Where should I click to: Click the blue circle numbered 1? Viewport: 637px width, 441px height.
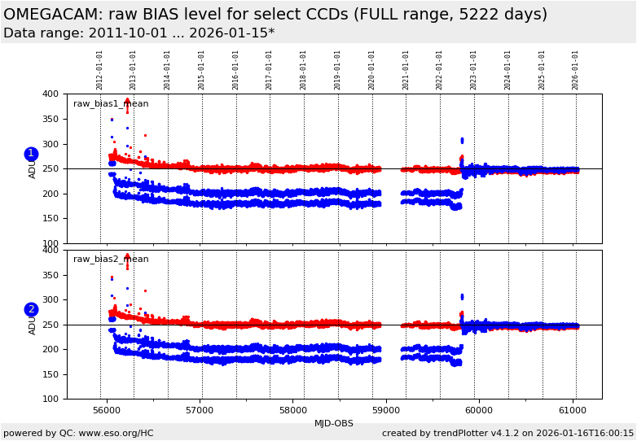click(x=31, y=154)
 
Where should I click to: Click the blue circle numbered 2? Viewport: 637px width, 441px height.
click(x=31, y=309)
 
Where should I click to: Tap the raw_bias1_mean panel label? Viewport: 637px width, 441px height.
click(x=111, y=104)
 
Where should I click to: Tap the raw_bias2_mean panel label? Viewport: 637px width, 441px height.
click(x=111, y=260)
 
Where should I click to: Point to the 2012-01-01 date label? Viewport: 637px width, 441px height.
click(x=100, y=70)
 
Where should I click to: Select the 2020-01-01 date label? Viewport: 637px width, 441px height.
click(x=372, y=70)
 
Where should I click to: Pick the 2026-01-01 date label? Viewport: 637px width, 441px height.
click(x=576, y=70)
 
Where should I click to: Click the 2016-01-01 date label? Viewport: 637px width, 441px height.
click(x=236, y=70)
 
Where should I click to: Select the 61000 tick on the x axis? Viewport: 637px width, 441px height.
click(x=573, y=410)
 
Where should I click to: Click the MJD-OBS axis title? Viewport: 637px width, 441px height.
click(x=334, y=423)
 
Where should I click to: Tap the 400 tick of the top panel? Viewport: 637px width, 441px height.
click(x=51, y=94)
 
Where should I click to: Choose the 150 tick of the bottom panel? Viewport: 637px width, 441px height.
click(x=51, y=374)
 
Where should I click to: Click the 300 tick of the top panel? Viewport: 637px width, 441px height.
click(x=51, y=144)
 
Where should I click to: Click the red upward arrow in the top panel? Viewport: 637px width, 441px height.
click(x=127, y=103)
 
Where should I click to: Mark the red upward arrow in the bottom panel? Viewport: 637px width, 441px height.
click(x=127, y=258)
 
